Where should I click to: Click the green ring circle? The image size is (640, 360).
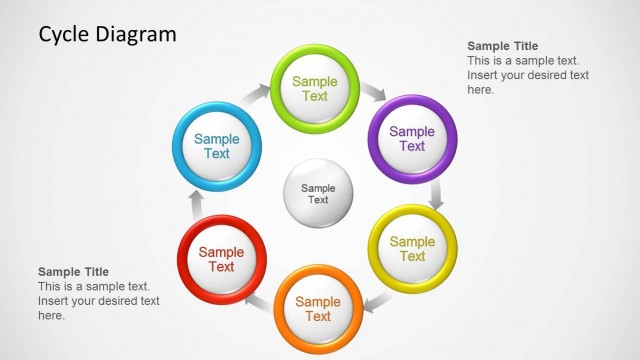(x=315, y=88)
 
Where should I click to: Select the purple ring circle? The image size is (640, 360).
(x=412, y=138)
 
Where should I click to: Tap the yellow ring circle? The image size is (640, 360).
(x=412, y=248)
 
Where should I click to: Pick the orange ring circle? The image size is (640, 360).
(x=318, y=309)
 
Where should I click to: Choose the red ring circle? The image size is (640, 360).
(x=221, y=259)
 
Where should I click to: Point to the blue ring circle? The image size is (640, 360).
(x=217, y=146)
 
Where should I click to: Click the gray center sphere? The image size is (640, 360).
(x=318, y=193)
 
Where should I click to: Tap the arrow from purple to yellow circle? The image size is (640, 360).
(x=436, y=194)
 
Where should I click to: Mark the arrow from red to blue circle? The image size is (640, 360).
(x=196, y=204)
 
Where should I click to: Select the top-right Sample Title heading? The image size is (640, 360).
(x=502, y=46)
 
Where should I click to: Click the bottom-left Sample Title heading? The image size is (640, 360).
(x=73, y=272)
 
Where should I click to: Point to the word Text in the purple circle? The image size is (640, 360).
(x=412, y=146)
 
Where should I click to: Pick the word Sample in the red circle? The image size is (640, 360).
(x=221, y=252)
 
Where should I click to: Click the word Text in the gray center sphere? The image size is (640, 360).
(x=318, y=200)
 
